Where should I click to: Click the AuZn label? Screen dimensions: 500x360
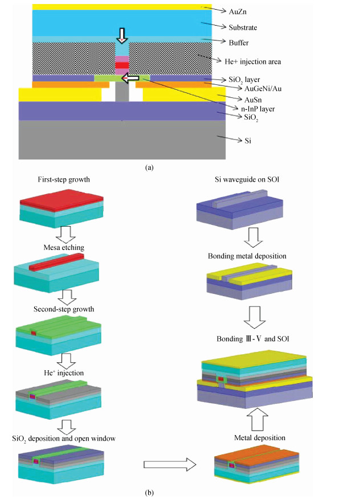pos(237,10)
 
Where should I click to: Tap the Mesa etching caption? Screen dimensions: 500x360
pos(63,247)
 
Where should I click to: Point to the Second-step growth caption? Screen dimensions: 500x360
pos(64,309)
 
